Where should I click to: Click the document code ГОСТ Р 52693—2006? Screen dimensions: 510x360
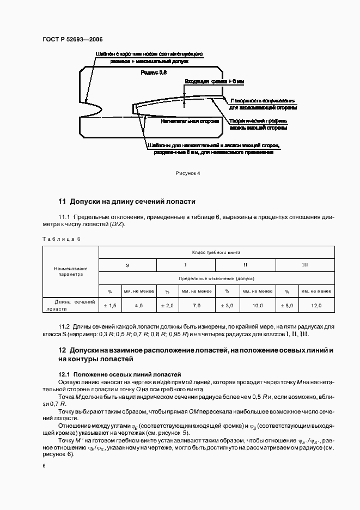pos(72,40)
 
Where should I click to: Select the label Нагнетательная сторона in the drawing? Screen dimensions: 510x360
pos(184,122)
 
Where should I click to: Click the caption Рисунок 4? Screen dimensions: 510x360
pos(188,173)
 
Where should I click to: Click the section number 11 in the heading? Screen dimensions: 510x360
pos(62,201)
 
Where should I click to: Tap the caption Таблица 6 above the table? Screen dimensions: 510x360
pos(62,239)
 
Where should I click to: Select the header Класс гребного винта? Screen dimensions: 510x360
pos(216,252)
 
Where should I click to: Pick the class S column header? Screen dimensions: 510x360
pos(127,265)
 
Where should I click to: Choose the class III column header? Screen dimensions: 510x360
pos(305,265)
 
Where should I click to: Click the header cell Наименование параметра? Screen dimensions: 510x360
pos(70,271)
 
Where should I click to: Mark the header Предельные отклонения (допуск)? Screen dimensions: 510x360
pos(216,278)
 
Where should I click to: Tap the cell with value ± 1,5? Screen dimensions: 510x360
pos(110,306)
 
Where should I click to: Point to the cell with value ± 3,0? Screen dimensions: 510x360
pos(228,306)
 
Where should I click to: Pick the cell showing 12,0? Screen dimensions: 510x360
pos(316,306)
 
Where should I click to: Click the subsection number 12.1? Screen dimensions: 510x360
pos(64,375)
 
